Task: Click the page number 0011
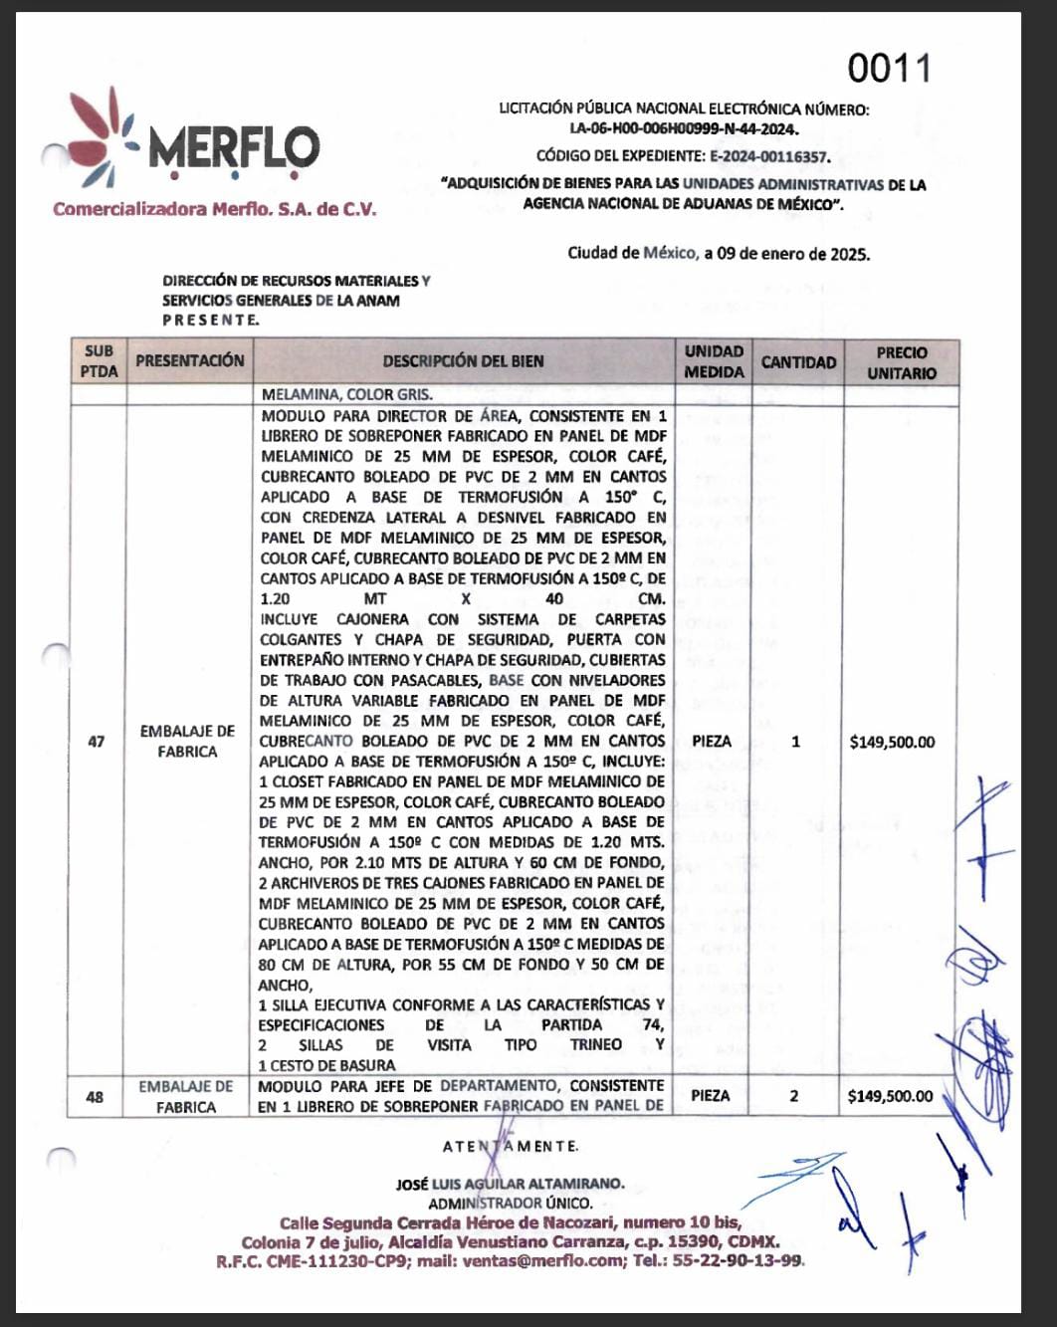889,69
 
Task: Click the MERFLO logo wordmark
234,148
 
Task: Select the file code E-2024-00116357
769,156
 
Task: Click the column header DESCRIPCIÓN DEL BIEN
463,361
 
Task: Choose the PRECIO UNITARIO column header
902,362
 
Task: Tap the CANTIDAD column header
798,362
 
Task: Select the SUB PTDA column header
99,361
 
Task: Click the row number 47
97,742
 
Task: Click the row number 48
95,1097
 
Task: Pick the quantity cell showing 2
794,1096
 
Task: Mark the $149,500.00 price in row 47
892,742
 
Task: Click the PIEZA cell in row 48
711,1096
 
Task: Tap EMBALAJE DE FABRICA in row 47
187,742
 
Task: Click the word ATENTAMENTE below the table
511,1147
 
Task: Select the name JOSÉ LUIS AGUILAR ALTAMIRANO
510,1184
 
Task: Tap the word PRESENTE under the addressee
211,320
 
